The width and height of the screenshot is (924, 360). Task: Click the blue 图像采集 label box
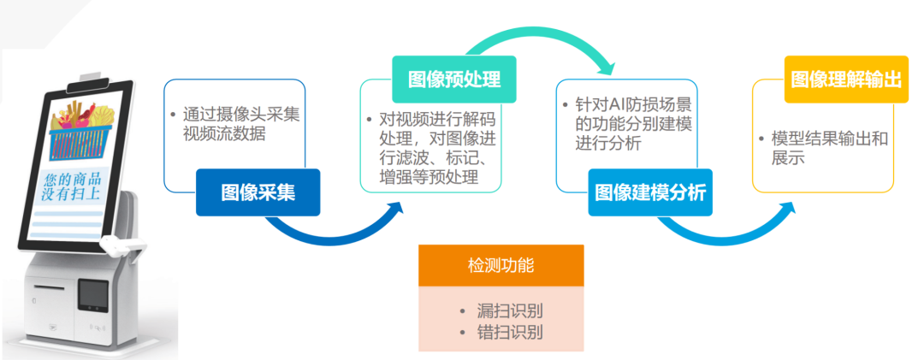[x=258, y=192]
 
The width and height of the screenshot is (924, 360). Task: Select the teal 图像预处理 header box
[x=446, y=80]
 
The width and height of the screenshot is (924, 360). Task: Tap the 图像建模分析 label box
[x=649, y=192]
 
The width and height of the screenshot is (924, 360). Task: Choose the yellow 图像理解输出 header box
[x=846, y=80]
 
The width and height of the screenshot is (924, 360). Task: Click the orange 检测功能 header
[x=500, y=265]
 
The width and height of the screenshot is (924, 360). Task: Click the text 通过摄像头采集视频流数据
[x=233, y=124]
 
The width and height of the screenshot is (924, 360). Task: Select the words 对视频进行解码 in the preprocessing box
[x=436, y=119]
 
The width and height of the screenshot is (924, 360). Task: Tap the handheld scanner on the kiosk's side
[x=120, y=245]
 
